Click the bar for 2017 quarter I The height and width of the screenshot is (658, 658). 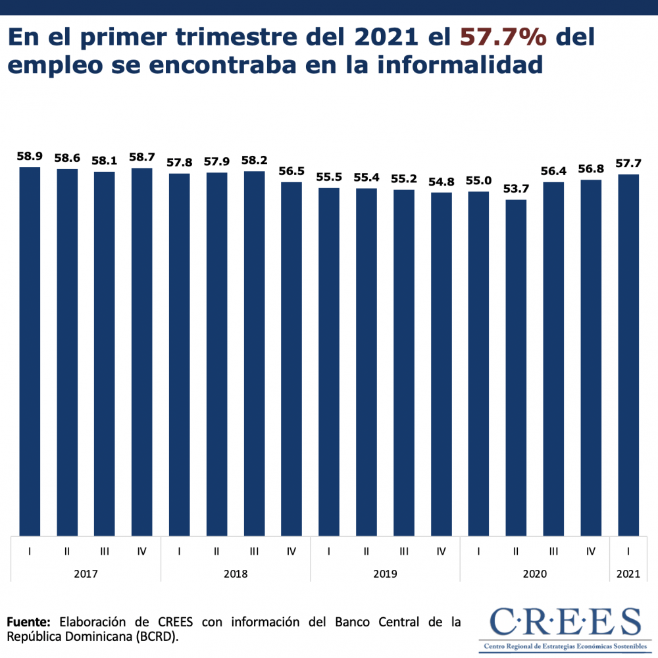[x=30, y=351]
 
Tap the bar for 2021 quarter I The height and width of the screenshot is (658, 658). [x=628, y=355]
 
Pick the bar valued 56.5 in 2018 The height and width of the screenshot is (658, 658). [x=291, y=359]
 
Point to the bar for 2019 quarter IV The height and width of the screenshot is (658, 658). [x=442, y=364]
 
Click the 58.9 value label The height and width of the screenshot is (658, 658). [x=30, y=157]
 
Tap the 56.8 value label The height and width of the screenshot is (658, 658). [x=591, y=169]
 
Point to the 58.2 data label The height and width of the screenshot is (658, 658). [x=254, y=161]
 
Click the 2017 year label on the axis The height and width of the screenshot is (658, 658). [x=86, y=574]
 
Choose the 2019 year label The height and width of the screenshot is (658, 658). [x=385, y=574]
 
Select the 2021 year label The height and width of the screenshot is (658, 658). [x=628, y=574]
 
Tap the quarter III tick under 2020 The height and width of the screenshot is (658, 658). [x=553, y=551]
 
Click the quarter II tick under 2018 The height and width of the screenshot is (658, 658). [x=216, y=551]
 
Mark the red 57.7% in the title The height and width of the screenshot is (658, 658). [x=503, y=38]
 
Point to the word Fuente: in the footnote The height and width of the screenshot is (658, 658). [x=28, y=622]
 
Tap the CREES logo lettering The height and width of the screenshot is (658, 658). [x=565, y=622]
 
